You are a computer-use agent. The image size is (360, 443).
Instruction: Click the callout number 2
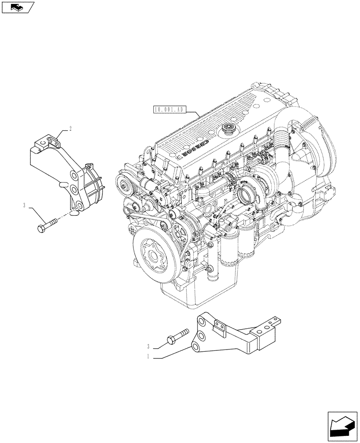[x=70, y=129]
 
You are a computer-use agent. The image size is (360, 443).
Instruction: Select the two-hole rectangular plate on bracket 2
[x=54, y=144]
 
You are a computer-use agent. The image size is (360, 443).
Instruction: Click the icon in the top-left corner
[x=17, y=7]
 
